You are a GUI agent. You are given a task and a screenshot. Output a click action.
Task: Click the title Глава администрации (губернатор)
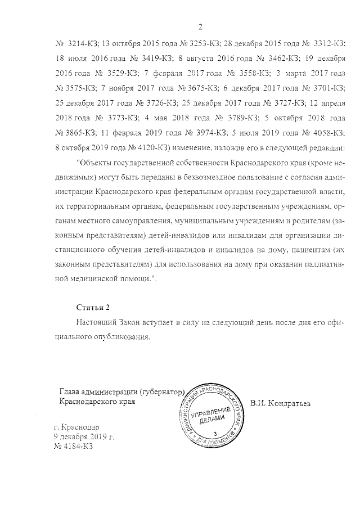pos(122,391)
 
